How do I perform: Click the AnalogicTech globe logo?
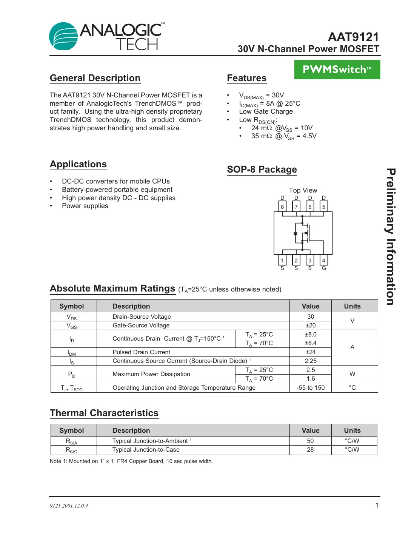63,36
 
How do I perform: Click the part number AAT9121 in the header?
353,37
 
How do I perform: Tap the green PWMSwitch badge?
337,69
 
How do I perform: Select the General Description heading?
95,78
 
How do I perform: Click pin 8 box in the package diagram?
282,207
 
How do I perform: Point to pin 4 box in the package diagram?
323,261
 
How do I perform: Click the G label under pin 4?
324,268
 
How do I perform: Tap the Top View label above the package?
303,190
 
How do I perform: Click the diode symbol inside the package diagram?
295,234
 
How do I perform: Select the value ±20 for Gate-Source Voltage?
311,326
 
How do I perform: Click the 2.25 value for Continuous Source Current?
311,361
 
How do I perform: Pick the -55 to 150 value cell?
311,388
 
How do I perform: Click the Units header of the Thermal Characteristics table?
352,430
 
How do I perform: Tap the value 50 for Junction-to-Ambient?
310,441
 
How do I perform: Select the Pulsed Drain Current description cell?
142,352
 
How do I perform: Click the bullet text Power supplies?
85,206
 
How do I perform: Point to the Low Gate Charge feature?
266,111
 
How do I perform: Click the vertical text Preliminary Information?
391,237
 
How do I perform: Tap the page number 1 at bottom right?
377,505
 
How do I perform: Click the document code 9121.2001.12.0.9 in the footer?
69,506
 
